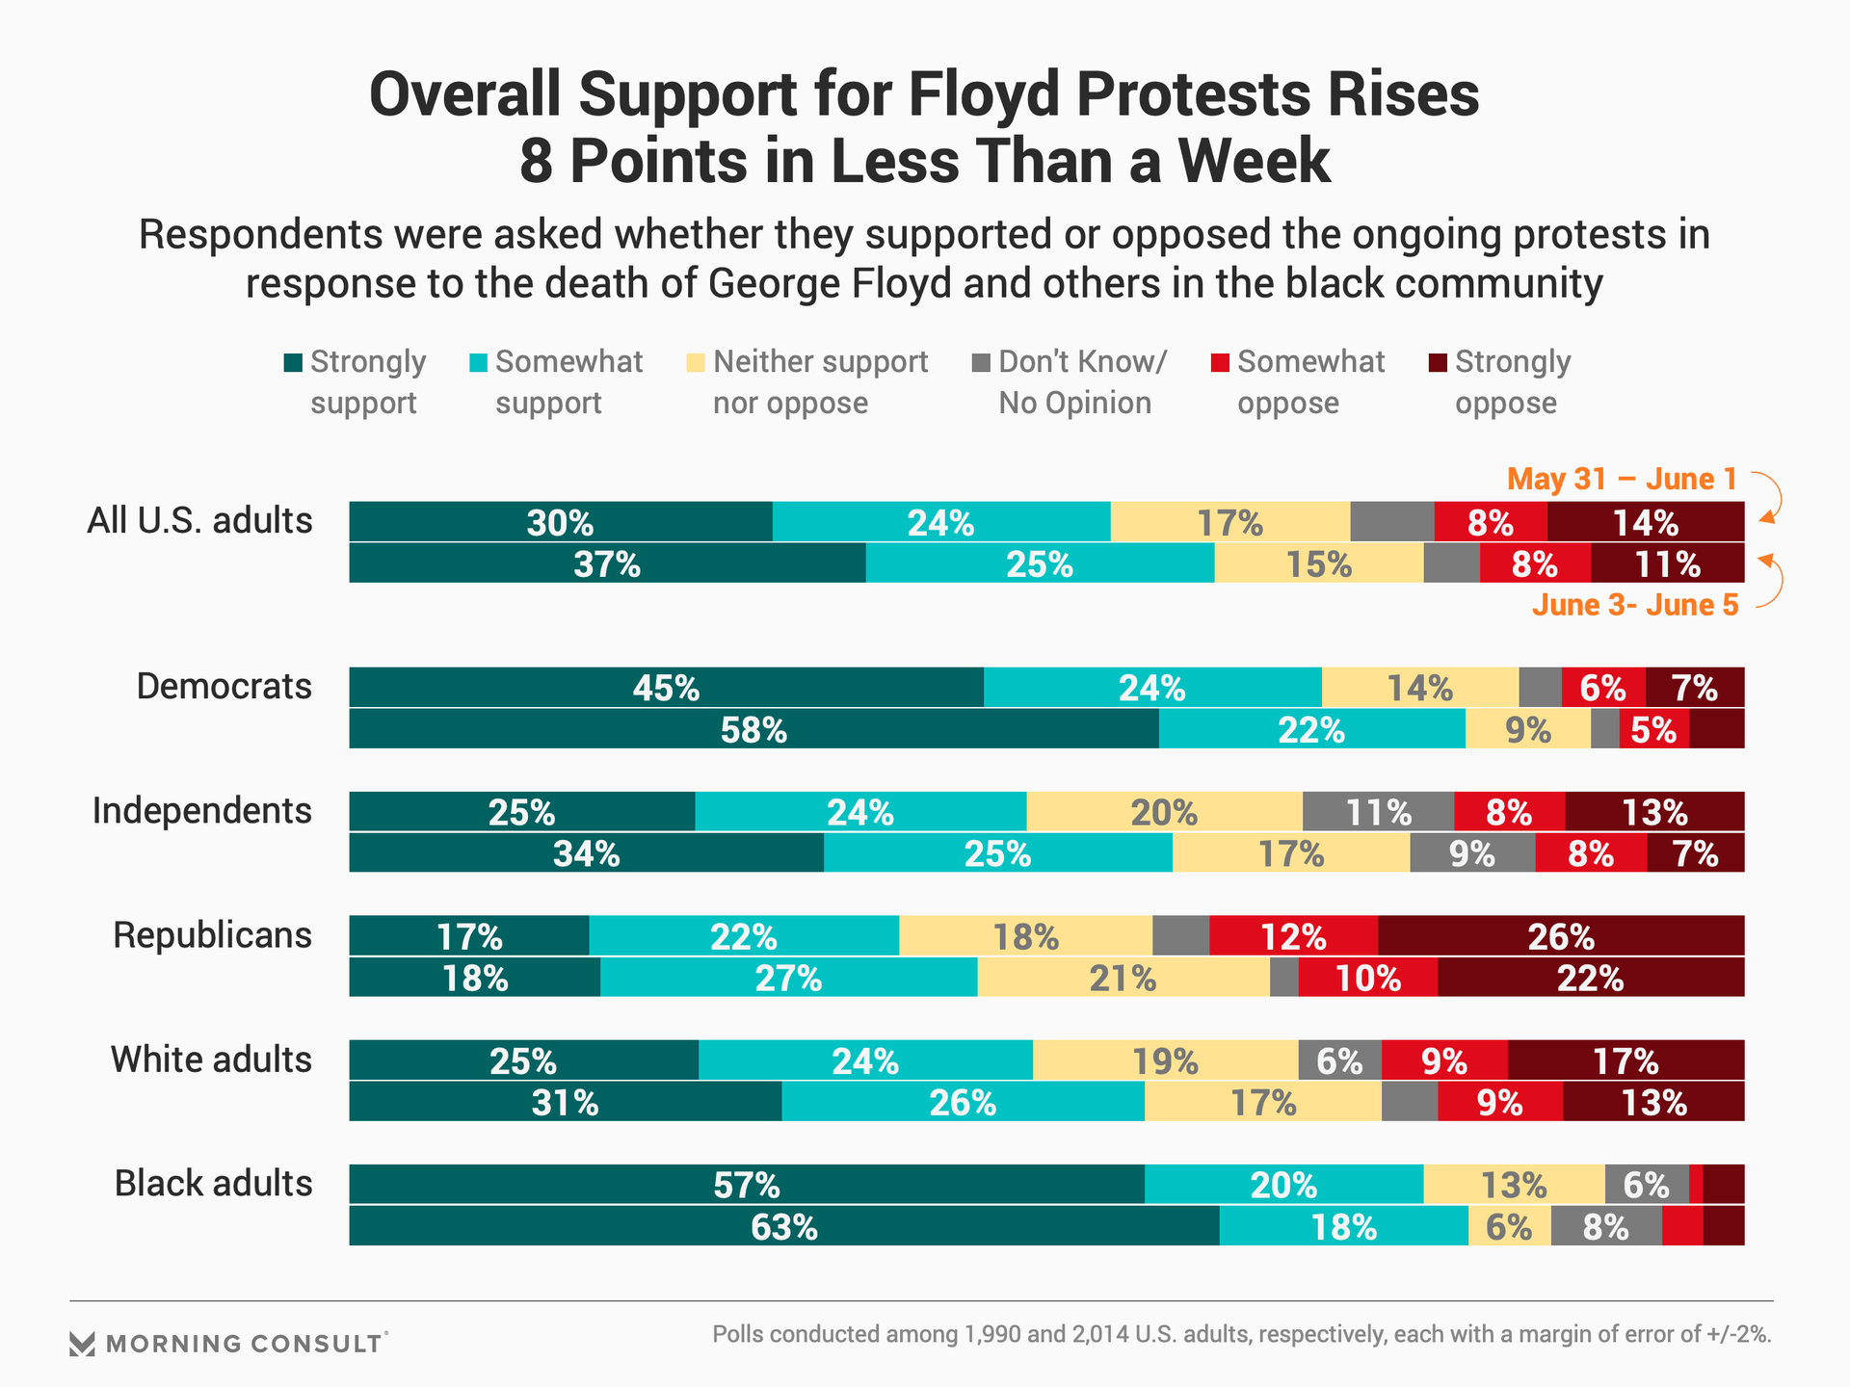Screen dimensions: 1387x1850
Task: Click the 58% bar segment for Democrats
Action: pos(753,729)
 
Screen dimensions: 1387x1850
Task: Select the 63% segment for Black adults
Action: pos(783,1226)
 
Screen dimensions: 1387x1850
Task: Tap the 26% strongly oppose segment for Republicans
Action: pos(1561,936)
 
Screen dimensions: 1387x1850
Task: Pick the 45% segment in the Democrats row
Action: pos(666,688)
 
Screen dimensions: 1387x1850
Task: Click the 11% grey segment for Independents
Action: pos(1378,812)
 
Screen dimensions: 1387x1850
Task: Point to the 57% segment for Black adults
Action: pos(747,1184)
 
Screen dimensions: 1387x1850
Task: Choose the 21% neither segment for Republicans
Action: pos(1123,978)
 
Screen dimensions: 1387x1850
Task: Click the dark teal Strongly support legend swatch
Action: pos(293,363)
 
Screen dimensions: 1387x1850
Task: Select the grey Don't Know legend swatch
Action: pos(981,363)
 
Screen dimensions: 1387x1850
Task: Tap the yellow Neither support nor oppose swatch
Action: pos(696,363)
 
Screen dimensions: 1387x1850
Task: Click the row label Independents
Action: pos(202,811)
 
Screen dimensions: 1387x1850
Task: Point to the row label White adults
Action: pos(211,1060)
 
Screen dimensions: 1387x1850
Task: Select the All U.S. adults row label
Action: pos(199,521)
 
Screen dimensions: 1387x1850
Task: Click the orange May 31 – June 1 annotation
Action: pos(1622,479)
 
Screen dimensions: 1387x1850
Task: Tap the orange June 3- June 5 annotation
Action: pos(1635,605)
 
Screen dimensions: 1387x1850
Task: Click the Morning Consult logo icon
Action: pos(83,1344)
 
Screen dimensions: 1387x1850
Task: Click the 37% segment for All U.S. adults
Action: pos(607,563)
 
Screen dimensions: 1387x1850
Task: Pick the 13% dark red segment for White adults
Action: pos(1653,1102)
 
